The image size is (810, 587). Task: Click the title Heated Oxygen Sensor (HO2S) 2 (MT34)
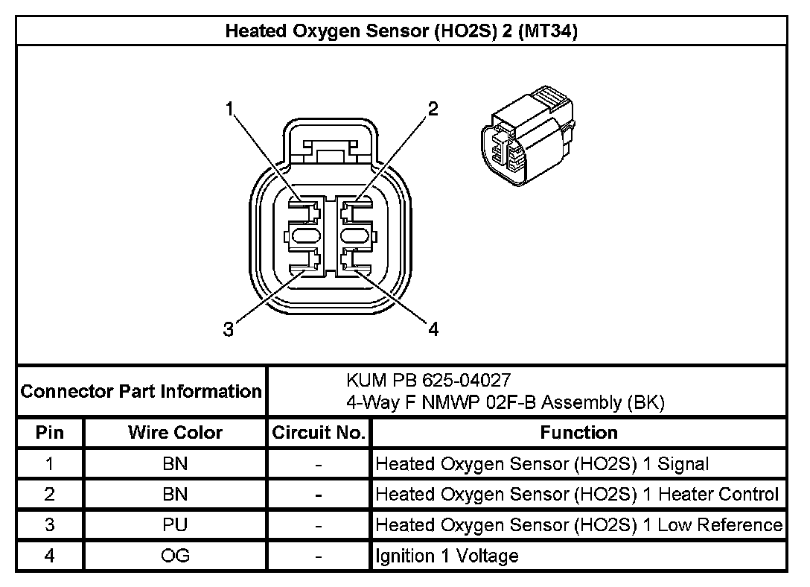[402, 31]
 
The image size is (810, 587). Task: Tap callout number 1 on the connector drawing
[232, 110]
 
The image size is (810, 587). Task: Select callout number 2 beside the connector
[433, 110]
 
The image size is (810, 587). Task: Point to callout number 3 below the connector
[229, 329]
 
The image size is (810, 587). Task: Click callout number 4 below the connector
[433, 329]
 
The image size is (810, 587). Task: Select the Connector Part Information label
[141, 391]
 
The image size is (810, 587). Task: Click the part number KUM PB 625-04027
[428, 381]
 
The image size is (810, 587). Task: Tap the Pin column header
[50, 432]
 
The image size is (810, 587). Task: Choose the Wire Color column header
[175, 432]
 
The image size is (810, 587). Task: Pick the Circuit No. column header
[319, 432]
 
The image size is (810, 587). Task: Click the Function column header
[578, 432]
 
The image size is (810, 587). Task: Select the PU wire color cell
[175, 524]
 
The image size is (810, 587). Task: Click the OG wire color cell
[175, 555]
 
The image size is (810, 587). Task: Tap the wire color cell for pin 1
[175, 463]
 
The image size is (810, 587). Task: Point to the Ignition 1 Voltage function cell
[447, 555]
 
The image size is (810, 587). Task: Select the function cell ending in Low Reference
[578, 524]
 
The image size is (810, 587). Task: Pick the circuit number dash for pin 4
[319, 556]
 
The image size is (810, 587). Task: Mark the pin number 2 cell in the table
[50, 494]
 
